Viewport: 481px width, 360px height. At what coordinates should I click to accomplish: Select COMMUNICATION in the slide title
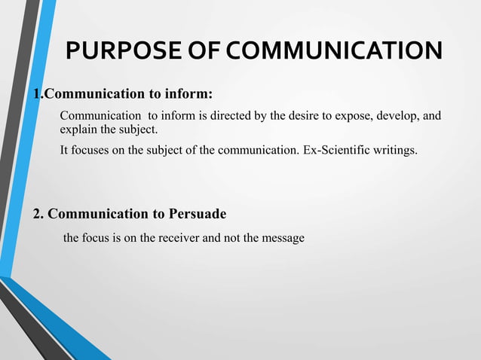[334, 51]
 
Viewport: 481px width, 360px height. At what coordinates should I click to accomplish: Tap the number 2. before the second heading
[38, 213]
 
